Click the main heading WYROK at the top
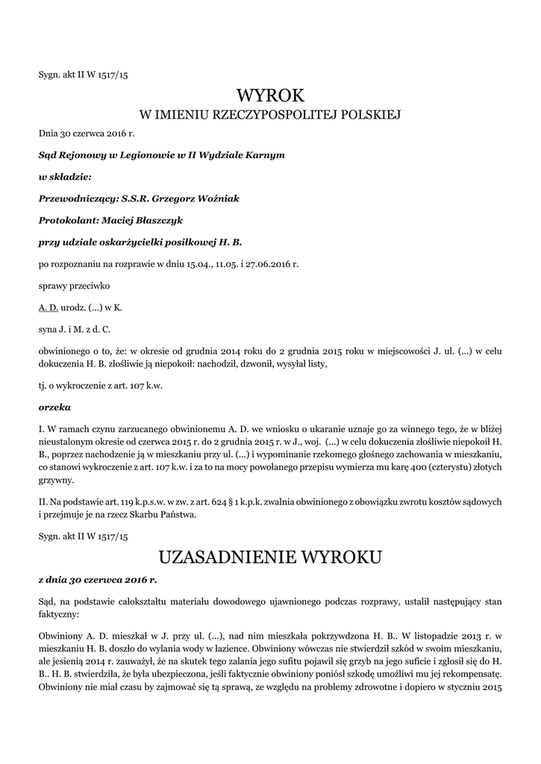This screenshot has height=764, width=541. pyautogui.click(x=271, y=95)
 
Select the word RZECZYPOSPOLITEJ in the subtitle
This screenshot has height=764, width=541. pyautogui.click(x=272, y=115)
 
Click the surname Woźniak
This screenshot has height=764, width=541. pyautogui.click(x=217, y=198)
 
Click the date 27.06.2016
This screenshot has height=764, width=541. pyautogui.click(x=261, y=263)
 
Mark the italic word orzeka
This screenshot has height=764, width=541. pyautogui.click(x=54, y=407)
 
